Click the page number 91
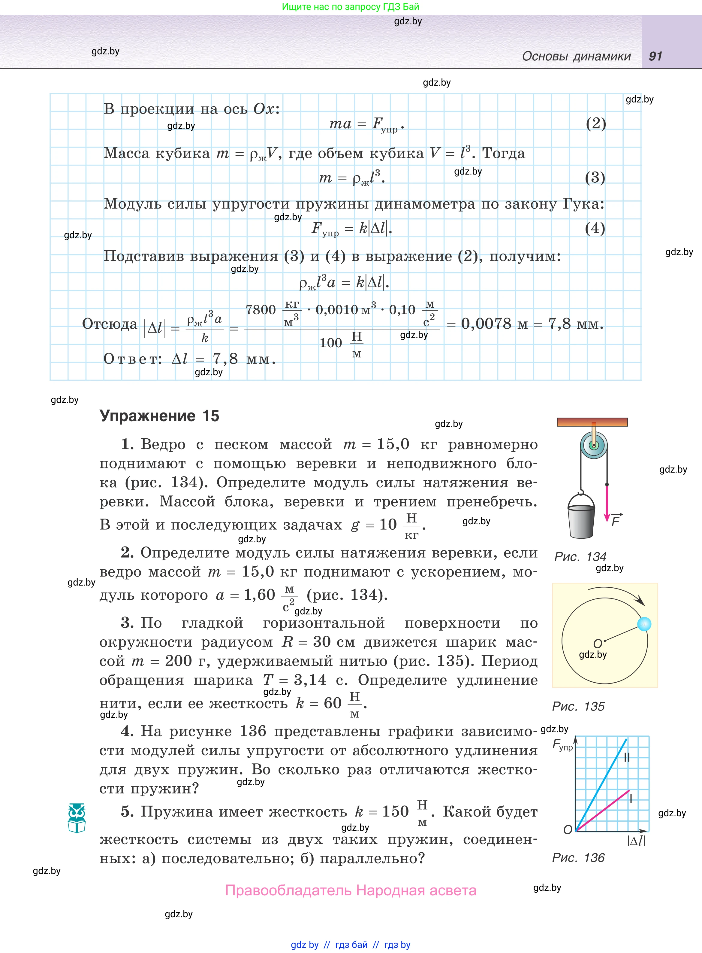pyautogui.click(x=655, y=56)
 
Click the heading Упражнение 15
pyautogui.click(x=159, y=416)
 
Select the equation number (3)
pyautogui.click(x=595, y=177)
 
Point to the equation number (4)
pyautogui.click(x=595, y=228)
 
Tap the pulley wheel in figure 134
pyautogui.click(x=594, y=446)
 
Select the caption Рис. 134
pyautogui.click(x=580, y=557)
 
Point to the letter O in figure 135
pyautogui.click(x=598, y=644)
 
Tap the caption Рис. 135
pyautogui.click(x=578, y=706)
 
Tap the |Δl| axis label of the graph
pyautogui.click(x=636, y=841)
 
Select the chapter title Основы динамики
pyautogui.click(x=576, y=56)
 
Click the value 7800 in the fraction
pyautogui.click(x=261, y=309)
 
